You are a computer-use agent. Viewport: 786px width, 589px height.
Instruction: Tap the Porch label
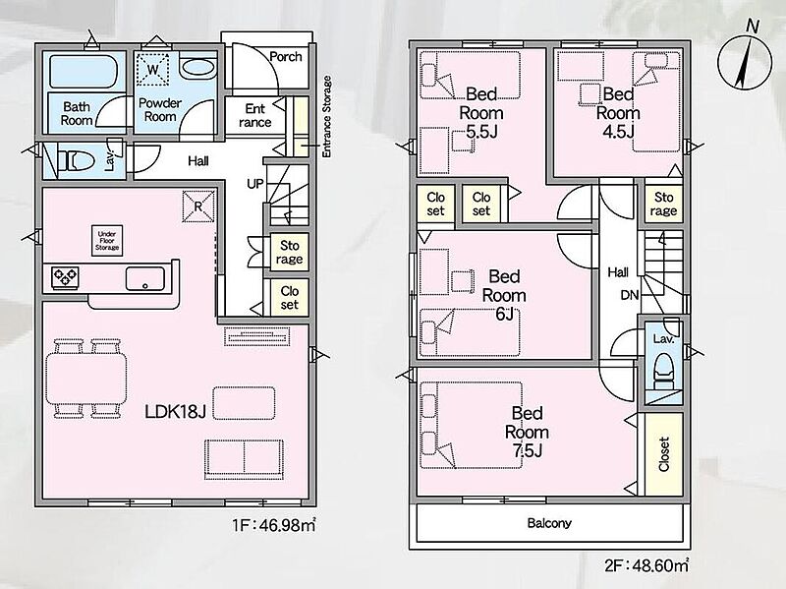pos(286,57)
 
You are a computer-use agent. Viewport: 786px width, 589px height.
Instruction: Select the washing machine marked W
pos(153,69)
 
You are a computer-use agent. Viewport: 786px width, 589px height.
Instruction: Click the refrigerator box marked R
pos(198,206)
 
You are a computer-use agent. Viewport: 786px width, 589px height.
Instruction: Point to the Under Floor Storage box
pos(107,240)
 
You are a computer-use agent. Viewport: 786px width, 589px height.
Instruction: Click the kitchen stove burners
pos(65,277)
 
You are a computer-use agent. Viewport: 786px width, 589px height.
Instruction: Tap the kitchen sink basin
pos(144,279)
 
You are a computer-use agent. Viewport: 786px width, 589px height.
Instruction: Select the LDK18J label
pos(175,412)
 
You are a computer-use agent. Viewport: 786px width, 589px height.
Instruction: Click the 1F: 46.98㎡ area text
pos(274,525)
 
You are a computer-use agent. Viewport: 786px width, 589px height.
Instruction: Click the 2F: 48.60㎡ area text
pos(646,566)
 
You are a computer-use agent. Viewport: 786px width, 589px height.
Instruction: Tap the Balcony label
pos(549,523)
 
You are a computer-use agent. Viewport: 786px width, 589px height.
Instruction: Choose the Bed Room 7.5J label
pos(527,432)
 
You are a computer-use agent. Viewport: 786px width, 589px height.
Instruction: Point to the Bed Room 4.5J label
pos(618,113)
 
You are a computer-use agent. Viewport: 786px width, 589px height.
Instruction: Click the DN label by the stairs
pos(630,295)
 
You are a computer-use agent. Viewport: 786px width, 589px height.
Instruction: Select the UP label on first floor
pos(254,184)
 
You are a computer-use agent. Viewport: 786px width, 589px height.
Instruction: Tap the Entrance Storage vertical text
pos(327,116)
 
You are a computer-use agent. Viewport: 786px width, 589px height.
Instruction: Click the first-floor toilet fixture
pos(76,161)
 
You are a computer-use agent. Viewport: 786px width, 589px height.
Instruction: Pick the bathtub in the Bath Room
pos(84,71)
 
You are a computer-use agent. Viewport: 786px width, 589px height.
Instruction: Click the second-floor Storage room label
pos(664,204)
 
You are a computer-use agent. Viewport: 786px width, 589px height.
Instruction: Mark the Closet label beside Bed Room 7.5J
pos(664,454)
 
